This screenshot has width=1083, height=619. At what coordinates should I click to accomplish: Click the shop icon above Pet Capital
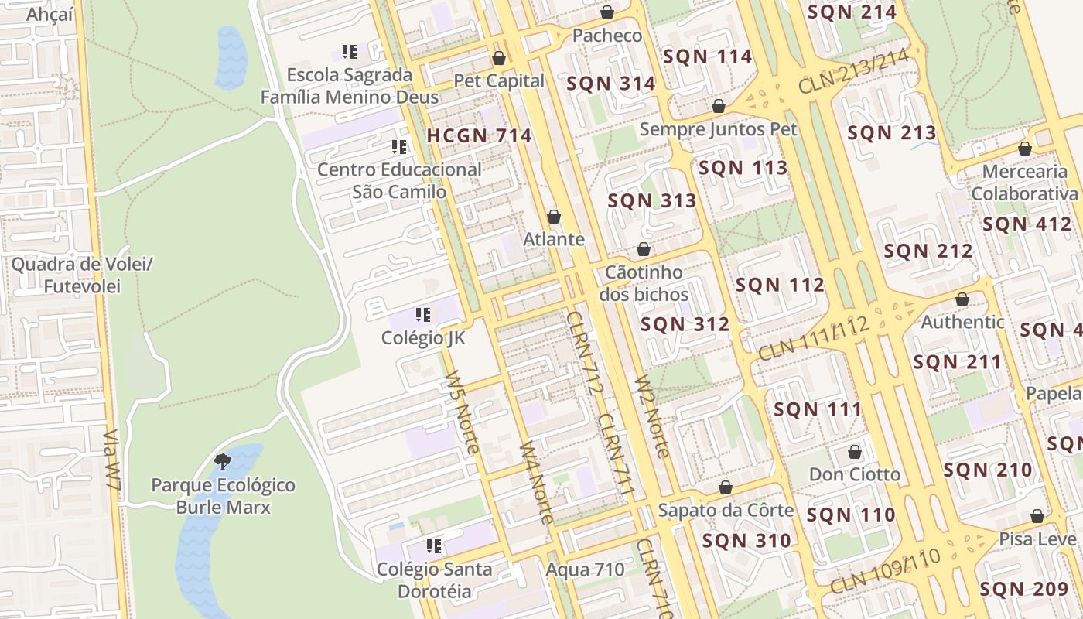coord(499,58)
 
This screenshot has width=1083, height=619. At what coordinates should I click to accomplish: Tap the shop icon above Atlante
coord(554,217)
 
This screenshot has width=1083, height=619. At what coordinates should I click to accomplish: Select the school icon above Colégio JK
coord(423,315)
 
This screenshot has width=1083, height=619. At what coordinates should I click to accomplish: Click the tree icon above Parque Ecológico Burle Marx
coord(223,463)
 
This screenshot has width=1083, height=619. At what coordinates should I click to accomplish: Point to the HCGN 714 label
coord(479,135)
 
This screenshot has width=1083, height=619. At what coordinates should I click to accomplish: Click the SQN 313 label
coord(652,201)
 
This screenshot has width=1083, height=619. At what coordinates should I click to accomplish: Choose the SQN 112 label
coord(780,285)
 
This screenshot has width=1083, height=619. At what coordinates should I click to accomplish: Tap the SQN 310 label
coord(746,540)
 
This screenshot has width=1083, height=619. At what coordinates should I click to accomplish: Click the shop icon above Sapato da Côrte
coord(726,487)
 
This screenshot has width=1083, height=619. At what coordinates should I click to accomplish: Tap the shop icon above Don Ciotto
coord(855,452)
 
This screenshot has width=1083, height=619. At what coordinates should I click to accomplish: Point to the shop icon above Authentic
coord(962,299)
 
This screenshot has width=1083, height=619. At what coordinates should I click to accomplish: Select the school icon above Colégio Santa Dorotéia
coord(434,546)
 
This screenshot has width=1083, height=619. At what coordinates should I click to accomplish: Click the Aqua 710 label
coord(585,570)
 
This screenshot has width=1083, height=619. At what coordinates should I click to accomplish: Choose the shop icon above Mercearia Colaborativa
coord(1025,149)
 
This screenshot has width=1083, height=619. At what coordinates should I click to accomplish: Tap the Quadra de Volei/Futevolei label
coord(82,275)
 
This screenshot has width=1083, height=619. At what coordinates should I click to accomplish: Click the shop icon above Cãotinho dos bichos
coord(643,250)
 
